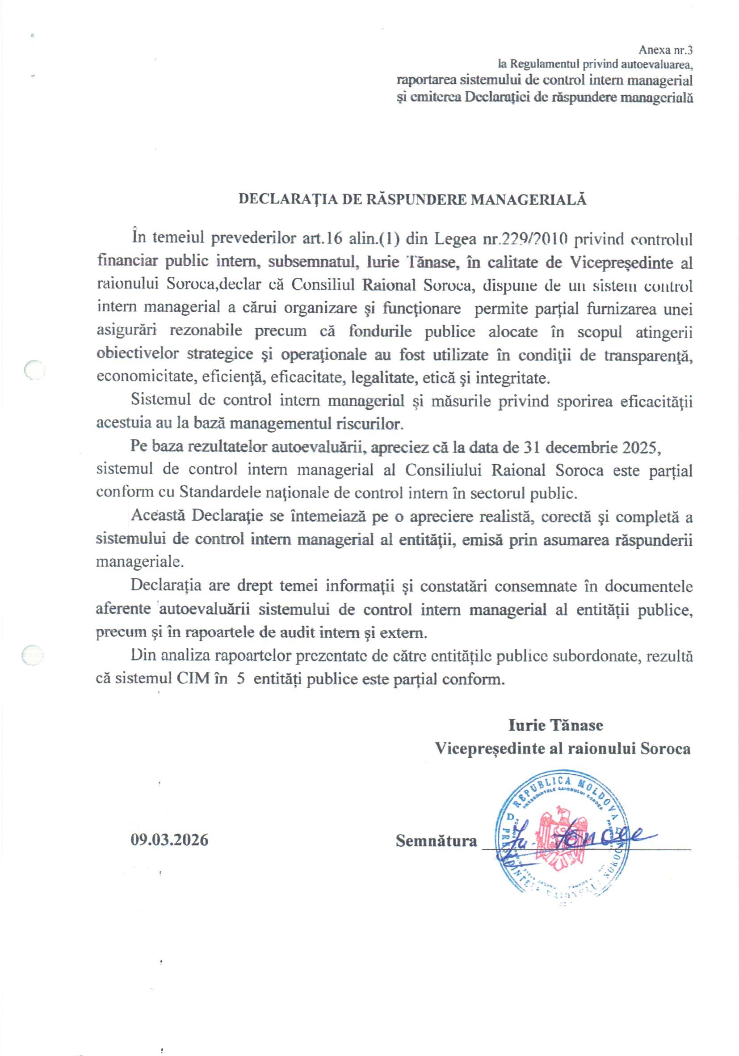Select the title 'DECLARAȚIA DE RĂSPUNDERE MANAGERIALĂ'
tap(412, 199)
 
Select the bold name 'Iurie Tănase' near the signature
tap(556, 725)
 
